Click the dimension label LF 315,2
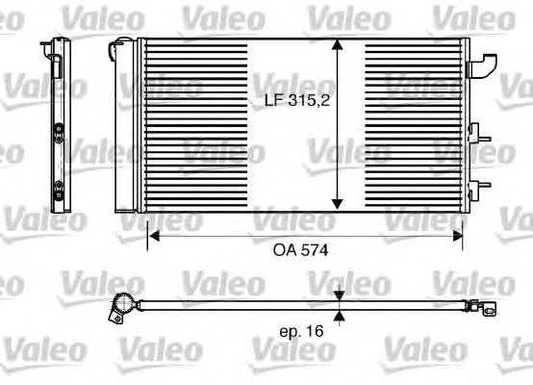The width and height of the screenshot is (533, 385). point(297,101)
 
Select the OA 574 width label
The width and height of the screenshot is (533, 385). point(300,250)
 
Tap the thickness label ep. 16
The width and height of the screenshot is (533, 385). point(301,331)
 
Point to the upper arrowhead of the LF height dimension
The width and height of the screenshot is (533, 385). point(337,44)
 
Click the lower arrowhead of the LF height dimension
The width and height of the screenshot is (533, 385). point(337,204)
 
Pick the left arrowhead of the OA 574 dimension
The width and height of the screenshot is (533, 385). point(155,236)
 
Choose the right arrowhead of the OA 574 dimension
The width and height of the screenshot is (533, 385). point(458,236)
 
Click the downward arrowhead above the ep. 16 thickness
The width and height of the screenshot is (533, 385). point(339,295)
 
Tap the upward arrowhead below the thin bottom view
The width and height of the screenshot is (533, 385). point(339,317)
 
